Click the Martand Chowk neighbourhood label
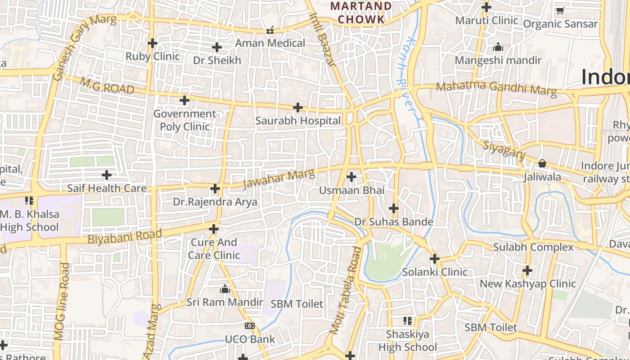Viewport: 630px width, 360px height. point(361,13)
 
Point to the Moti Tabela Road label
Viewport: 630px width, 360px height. point(346,290)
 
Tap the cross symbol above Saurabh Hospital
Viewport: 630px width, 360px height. point(297,108)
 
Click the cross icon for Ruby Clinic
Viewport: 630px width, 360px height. point(153,43)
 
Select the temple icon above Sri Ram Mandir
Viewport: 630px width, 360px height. point(225,289)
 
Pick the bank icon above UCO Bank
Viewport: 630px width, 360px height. point(249,326)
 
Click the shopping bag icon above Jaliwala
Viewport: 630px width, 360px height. point(542,163)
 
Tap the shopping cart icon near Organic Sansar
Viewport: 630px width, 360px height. point(560,11)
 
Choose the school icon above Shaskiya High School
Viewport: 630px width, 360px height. point(407,321)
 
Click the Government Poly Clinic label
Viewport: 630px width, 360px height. point(185,120)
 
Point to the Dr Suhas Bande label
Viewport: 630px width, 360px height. point(394,222)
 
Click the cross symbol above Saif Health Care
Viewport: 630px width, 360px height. point(107,175)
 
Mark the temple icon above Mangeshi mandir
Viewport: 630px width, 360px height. point(498,47)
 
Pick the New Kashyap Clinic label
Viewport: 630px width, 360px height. point(527,284)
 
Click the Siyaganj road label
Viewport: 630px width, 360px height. point(504,149)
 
